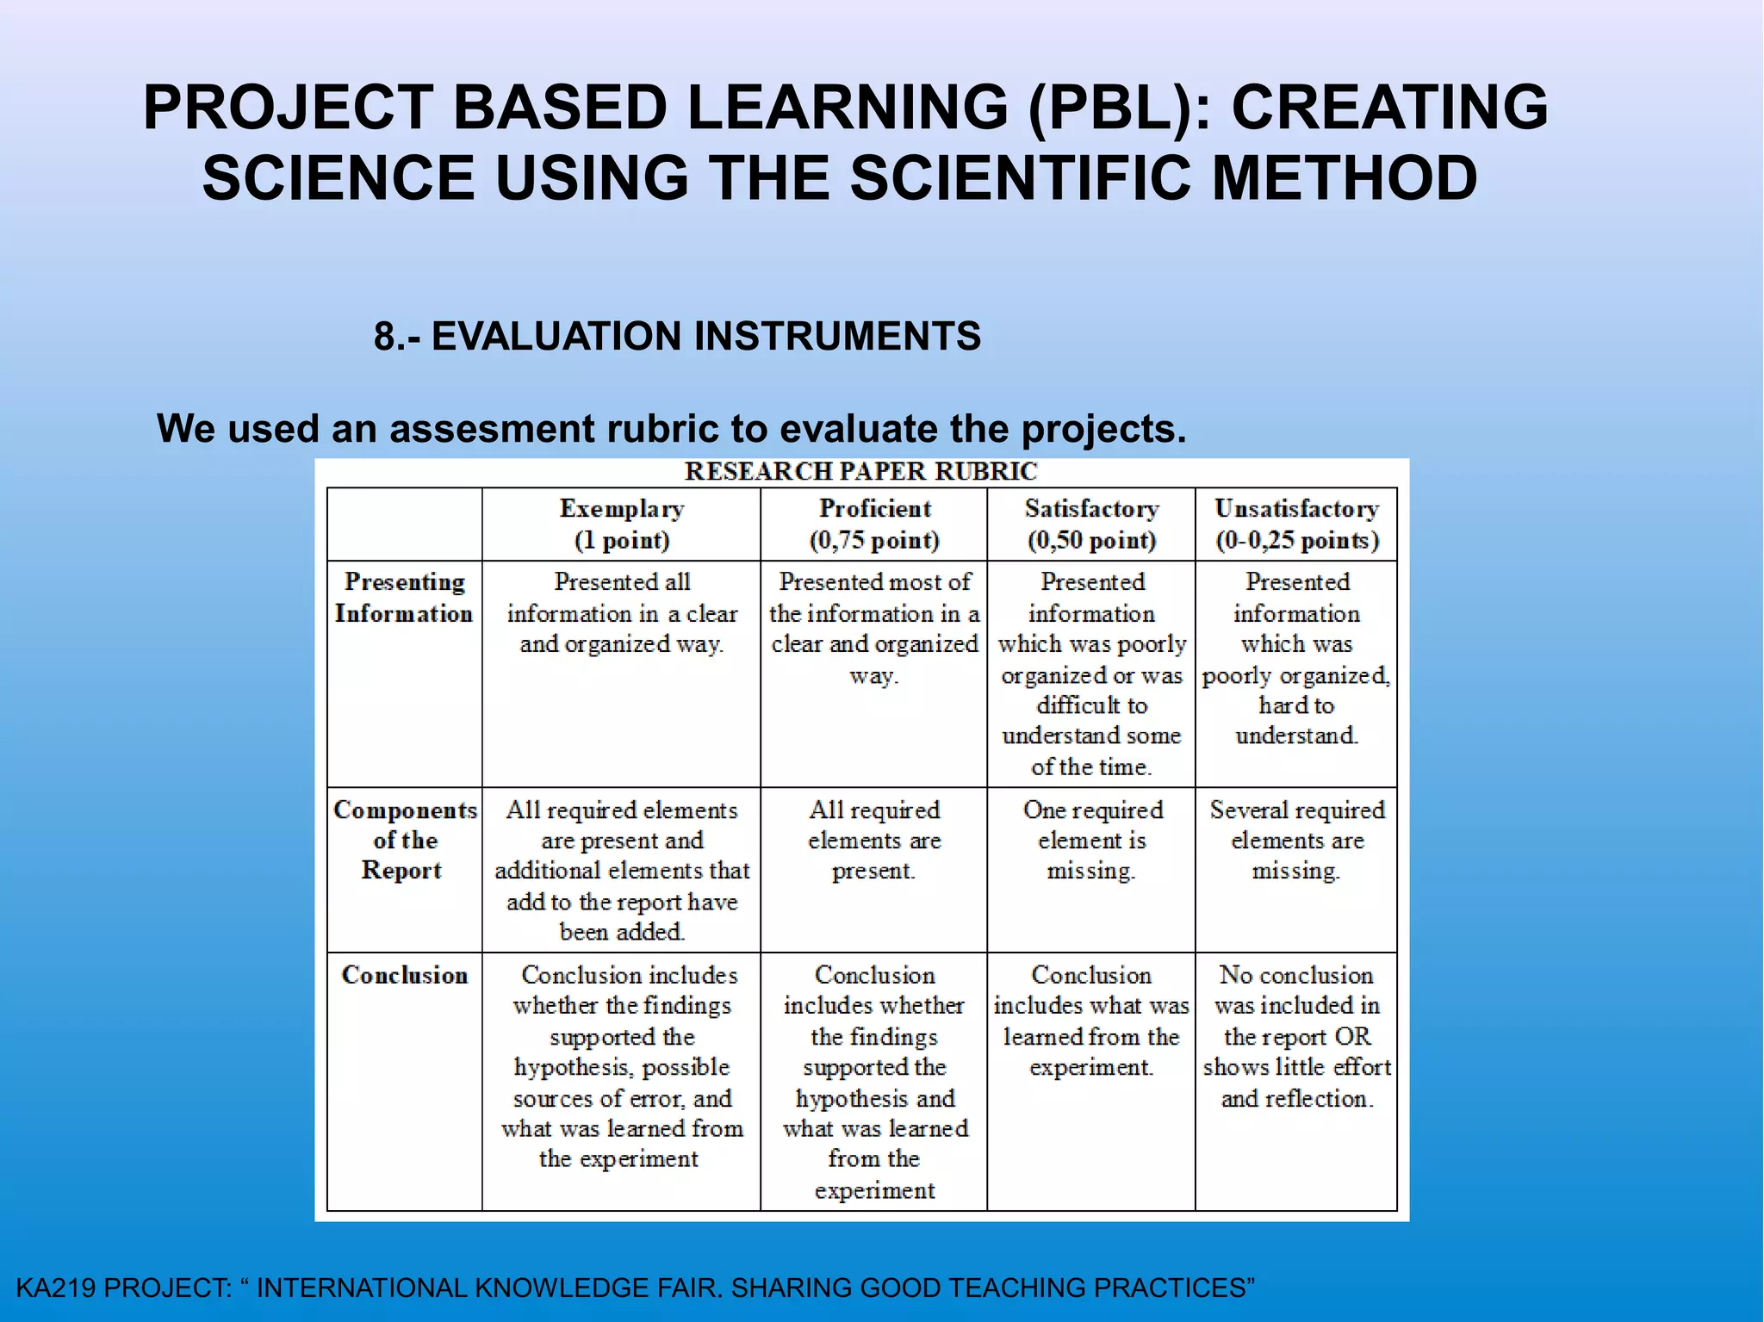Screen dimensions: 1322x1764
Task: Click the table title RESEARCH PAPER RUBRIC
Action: click(860, 472)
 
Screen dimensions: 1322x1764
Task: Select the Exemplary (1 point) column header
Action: click(622, 524)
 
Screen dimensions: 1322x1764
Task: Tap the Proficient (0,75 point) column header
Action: click(874, 524)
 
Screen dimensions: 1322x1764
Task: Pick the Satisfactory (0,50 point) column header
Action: click(1091, 524)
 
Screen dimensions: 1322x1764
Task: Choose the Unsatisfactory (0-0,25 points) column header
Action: click(1297, 524)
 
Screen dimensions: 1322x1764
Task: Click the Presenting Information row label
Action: click(404, 598)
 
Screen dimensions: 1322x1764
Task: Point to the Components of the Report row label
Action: click(405, 840)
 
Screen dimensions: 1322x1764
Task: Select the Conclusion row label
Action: click(405, 975)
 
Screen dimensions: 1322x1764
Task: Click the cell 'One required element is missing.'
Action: click(1092, 840)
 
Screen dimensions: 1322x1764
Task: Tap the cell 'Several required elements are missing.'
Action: click(1297, 840)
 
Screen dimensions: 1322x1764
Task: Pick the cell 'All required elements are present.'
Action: click(874, 840)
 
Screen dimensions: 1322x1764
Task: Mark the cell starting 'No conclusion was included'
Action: click(1297, 1036)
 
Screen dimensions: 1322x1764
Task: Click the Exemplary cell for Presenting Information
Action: click(622, 612)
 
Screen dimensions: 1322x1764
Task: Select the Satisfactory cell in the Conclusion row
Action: click(1091, 1021)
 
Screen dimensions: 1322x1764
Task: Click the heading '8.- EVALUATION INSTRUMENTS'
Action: click(677, 336)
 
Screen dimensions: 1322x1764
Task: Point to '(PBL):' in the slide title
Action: click(1121, 109)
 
